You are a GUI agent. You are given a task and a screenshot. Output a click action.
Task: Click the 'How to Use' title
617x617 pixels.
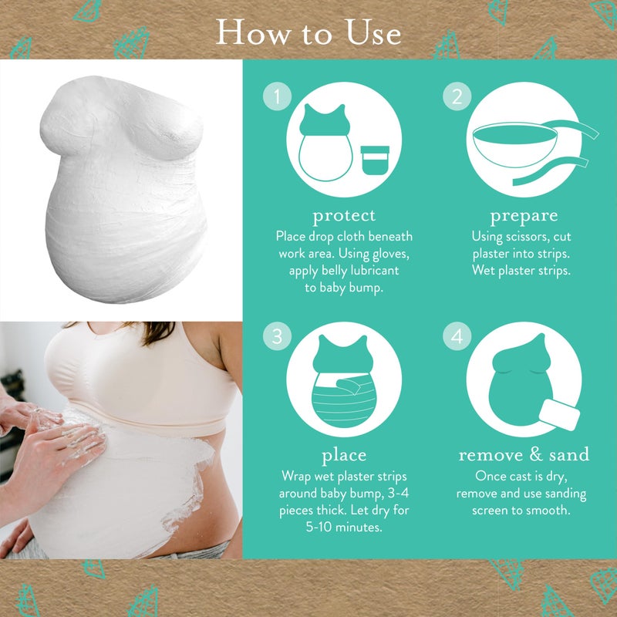[x=308, y=32]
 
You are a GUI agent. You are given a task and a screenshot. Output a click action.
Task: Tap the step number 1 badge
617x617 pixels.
[x=278, y=96]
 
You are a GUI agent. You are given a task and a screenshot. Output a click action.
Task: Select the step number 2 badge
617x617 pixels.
[x=457, y=96]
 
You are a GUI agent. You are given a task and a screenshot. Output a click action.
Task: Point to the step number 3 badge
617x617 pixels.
[x=278, y=336]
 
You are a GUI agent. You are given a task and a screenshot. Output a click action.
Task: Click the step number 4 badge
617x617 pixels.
[x=457, y=336]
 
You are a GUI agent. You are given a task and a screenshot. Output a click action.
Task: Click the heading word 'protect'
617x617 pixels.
[x=344, y=216]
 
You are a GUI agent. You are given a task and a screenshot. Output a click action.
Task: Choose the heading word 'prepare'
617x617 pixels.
[x=524, y=216]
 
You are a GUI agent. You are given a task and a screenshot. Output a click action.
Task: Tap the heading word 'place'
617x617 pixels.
[x=344, y=455]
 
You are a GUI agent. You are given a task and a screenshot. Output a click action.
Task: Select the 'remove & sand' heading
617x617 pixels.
[x=524, y=454]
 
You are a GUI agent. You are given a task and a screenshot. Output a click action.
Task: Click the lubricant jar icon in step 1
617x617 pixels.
[x=375, y=160]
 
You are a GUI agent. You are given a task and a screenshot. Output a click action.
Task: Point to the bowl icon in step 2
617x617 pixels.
[x=514, y=144]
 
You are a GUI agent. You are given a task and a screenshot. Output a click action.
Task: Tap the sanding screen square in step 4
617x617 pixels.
[x=559, y=415]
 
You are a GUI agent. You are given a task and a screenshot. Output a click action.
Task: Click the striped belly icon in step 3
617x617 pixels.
[x=343, y=400]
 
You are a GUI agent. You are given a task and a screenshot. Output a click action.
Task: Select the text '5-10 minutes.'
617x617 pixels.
[x=344, y=527]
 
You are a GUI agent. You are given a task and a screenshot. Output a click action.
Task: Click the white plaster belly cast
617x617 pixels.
[x=123, y=189]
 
